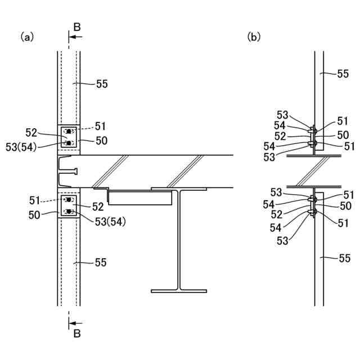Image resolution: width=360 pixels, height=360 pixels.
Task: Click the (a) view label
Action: tap(28, 37)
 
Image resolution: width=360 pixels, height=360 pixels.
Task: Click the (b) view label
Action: tap(254, 37)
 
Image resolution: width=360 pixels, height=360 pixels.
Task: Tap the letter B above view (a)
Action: tap(77, 26)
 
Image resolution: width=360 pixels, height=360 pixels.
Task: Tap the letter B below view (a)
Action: tap(77, 334)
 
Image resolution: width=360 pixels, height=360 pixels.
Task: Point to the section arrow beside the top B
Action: tap(75, 37)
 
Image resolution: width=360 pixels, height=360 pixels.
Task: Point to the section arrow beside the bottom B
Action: tap(75, 323)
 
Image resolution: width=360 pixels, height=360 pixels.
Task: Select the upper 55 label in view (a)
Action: tap(101, 84)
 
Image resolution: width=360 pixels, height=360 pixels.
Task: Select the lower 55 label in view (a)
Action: tap(101, 262)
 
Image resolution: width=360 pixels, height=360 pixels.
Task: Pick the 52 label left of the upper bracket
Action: tap(32, 133)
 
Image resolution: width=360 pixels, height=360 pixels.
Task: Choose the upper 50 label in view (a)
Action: tap(101, 141)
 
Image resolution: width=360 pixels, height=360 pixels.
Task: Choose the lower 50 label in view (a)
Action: tap(35, 214)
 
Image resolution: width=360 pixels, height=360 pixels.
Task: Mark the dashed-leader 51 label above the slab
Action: tap(101, 126)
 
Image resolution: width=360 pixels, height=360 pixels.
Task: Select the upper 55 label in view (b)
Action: tap(343, 73)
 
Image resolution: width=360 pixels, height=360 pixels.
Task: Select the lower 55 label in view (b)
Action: tap(343, 259)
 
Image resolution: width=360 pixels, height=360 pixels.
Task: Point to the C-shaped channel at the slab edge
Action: tap(67, 171)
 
